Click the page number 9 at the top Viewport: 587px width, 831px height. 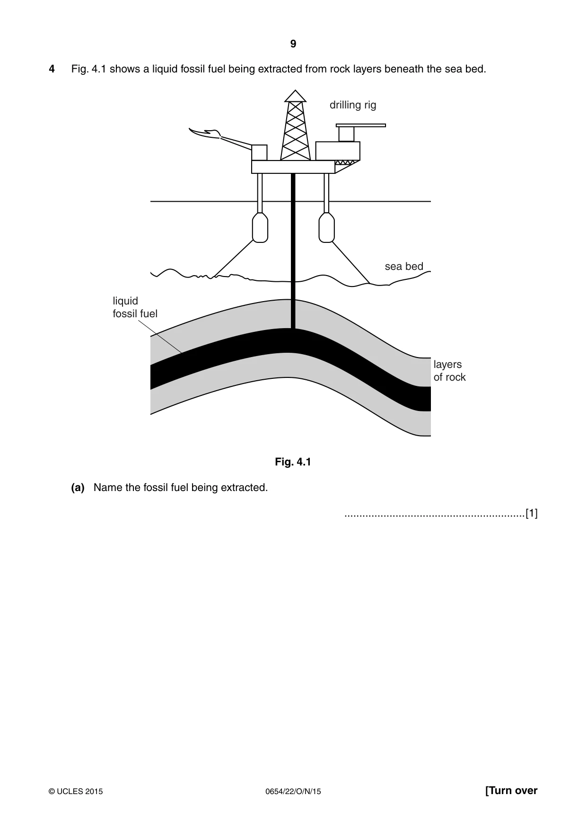tap(293, 44)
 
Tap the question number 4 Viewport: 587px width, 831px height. tap(52, 69)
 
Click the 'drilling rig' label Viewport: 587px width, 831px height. tap(353, 105)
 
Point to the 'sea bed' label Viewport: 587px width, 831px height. tap(404, 267)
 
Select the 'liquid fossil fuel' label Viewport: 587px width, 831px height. tap(135, 307)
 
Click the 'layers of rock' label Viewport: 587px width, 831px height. tap(449, 371)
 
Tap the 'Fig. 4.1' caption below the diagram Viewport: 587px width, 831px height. tap(293, 462)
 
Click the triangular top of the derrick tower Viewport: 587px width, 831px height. tap(295, 96)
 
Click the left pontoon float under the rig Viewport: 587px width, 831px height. tap(260, 227)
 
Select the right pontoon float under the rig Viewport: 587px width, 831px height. tap(327, 227)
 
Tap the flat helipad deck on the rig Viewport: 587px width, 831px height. tap(361, 125)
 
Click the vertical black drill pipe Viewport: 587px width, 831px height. tap(293, 251)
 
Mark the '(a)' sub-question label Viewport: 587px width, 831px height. tap(78, 488)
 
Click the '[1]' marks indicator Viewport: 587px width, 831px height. tap(532, 513)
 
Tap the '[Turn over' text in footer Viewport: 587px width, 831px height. tap(511, 791)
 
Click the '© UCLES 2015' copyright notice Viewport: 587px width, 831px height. tap(76, 791)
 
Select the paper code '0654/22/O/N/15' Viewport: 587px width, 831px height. tap(293, 791)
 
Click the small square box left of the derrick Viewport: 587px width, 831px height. tap(259, 152)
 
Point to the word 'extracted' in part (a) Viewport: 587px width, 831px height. tap(246, 488)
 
